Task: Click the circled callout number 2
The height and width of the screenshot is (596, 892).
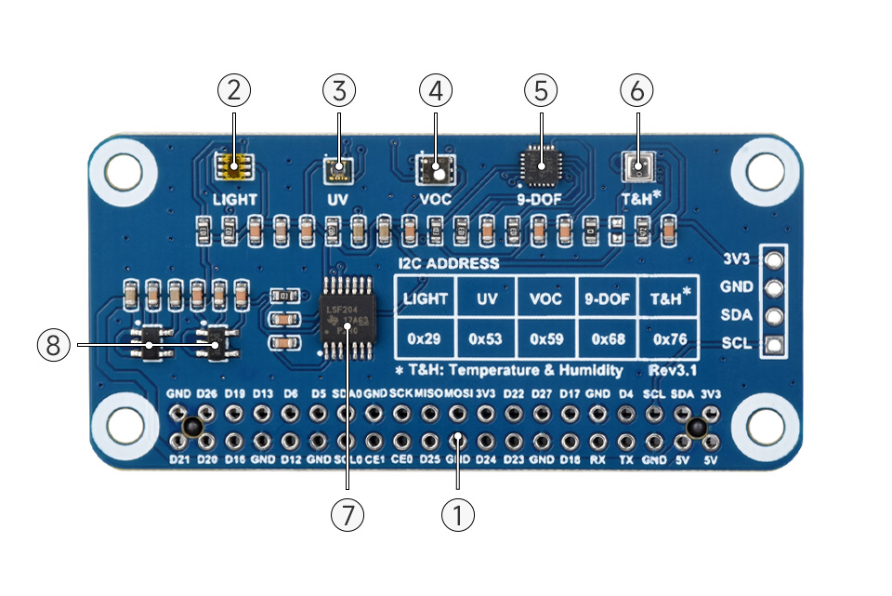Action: (x=234, y=90)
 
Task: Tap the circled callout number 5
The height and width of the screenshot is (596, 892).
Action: (x=540, y=90)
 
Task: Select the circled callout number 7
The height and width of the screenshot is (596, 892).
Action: (x=348, y=514)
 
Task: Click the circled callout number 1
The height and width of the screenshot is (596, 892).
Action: (x=457, y=514)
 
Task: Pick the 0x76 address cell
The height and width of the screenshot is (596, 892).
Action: (x=669, y=339)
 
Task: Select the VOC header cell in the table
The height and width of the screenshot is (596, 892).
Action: (x=546, y=298)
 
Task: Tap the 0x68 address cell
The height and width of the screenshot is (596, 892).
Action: (x=608, y=339)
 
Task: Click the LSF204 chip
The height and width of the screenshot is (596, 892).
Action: (x=347, y=317)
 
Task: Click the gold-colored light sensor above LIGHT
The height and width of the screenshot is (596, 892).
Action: (x=234, y=167)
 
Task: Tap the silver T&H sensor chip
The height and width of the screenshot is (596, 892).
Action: (x=638, y=168)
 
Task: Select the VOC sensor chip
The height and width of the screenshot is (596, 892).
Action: (x=435, y=169)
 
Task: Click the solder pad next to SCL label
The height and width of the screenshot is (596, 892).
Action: (x=771, y=344)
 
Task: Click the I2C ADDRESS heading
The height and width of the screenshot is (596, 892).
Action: (x=449, y=263)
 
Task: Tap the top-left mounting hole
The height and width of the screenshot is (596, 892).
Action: (x=124, y=169)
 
